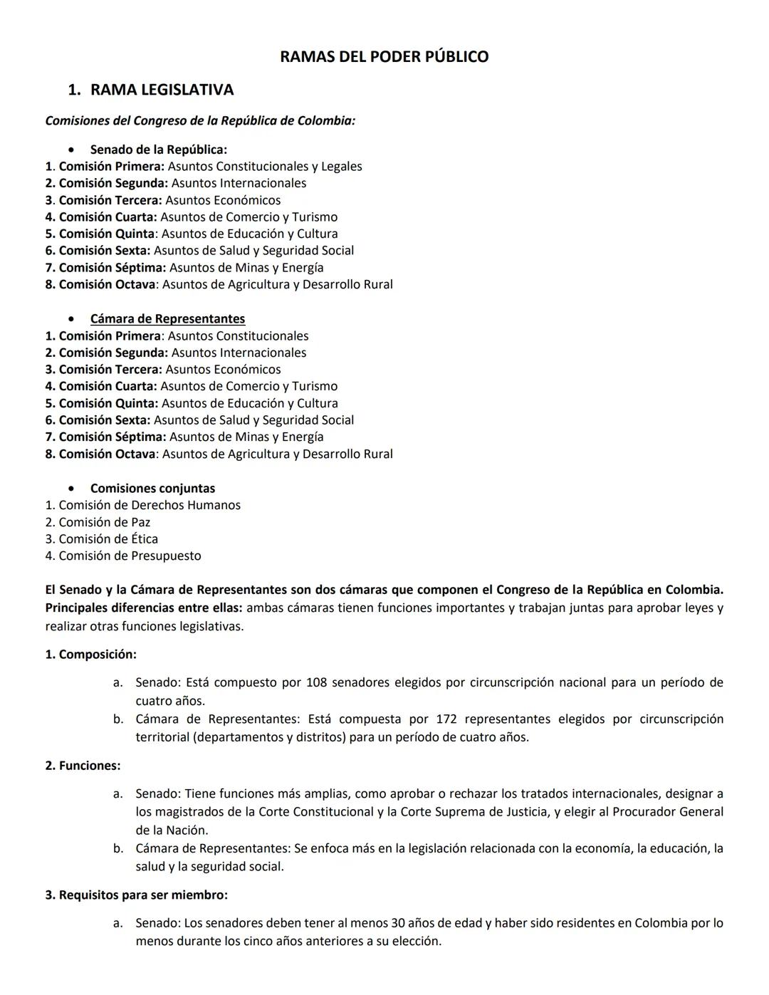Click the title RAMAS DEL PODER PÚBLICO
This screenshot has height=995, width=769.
pyautogui.click(x=384, y=57)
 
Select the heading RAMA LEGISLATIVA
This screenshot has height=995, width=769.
pyautogui.click(x=162, y=90)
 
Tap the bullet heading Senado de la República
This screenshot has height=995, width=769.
pyautogui.click(x=158, y=150)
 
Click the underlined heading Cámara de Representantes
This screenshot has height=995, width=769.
pyautogui.click(x=167, y=319)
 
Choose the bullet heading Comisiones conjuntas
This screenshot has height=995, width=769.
pyautogui.click(x=152, y=489)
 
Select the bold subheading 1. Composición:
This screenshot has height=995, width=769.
pyautogui.click(x=90, y=655)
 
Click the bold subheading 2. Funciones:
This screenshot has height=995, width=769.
pyautogui.click(x=83, y=766)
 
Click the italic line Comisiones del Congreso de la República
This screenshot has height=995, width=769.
pyautogui.click(x=200, y=121)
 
